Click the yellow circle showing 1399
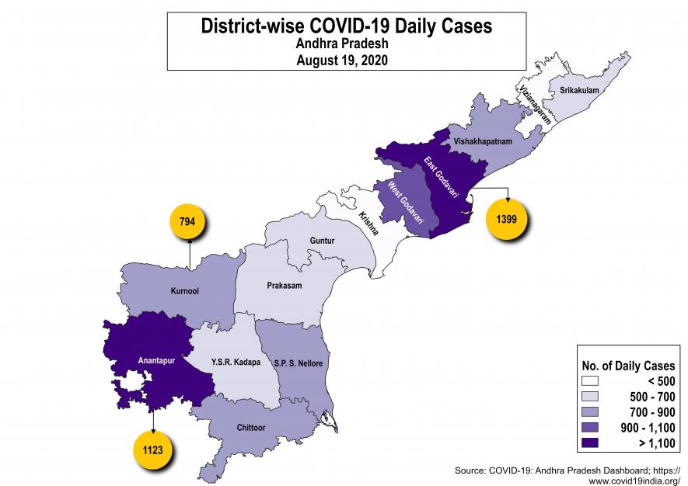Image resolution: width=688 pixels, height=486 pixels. point(508,220)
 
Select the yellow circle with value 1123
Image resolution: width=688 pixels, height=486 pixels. point(152,450)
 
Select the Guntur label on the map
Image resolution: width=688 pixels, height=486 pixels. point(322,241)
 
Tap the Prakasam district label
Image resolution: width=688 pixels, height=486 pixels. point(284,286)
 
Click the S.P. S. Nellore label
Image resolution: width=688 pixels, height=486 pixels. point(299,363)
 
